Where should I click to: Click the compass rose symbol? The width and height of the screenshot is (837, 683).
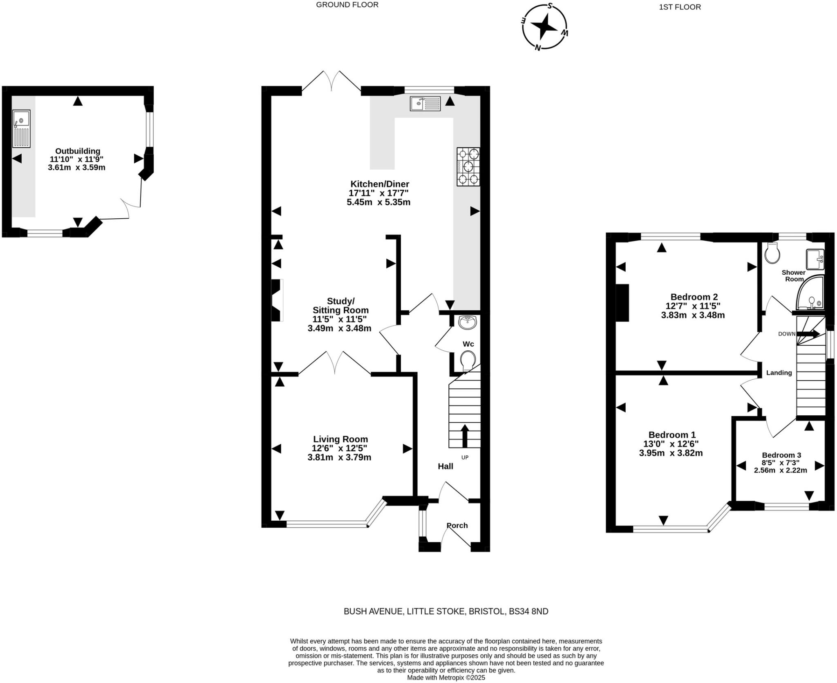click(544, 27)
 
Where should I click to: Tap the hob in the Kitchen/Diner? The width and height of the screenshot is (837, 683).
click(468, 167)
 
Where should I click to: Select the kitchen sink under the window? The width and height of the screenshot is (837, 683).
click(425, 103)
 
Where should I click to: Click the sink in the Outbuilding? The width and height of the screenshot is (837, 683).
click(21, 128)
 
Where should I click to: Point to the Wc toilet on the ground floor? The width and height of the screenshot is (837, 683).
click(468, 361)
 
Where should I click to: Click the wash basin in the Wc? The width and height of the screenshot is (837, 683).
click(467, 322)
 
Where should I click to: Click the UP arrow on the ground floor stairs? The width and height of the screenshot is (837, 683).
click(465, 436)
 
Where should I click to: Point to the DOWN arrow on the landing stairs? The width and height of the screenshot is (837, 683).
click(808, 334)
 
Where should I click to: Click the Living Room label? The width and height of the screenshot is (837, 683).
click(340, 439)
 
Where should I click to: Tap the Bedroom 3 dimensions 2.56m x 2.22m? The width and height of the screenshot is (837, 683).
click(780, 470)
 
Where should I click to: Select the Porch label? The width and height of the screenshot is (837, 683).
click(457, 525)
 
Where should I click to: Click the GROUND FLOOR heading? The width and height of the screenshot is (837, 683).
click(347, 5)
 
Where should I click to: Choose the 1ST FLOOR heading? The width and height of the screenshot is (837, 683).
click(680, 7)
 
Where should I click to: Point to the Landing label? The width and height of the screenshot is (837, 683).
click(779, 373)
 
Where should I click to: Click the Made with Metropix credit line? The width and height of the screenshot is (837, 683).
click(446, 678)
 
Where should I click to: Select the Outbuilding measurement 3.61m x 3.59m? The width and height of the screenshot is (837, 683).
click(76, 168)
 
